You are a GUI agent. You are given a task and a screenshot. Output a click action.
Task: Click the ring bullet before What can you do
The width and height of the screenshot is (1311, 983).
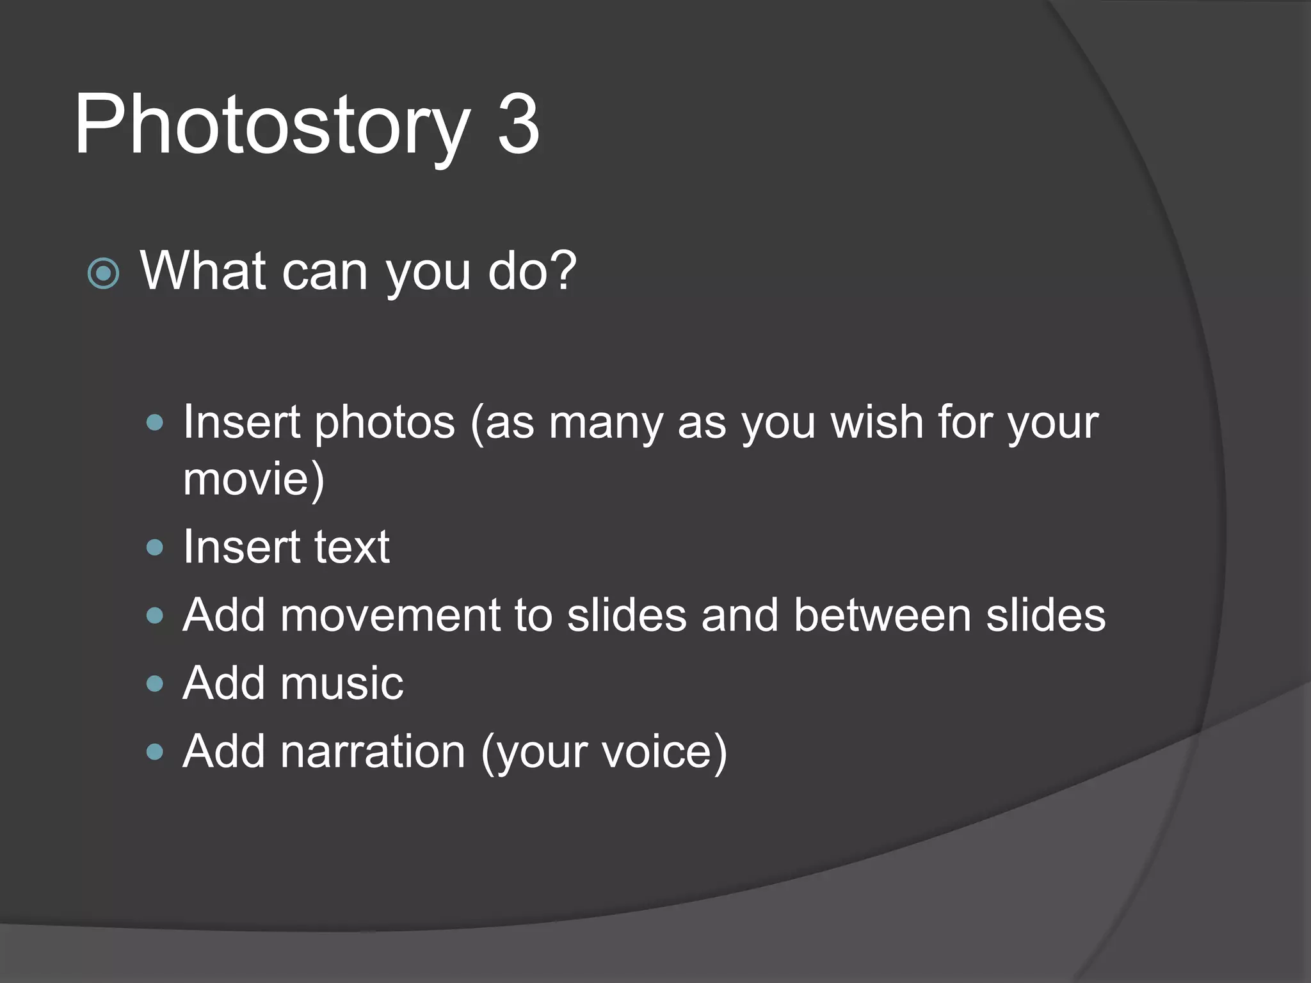(x=103, y=274)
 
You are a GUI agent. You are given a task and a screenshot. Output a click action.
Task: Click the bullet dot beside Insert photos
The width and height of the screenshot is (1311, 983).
(x=155, y=422)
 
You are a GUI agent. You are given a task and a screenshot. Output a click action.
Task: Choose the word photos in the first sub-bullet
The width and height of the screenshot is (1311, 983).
(x=385, y=423)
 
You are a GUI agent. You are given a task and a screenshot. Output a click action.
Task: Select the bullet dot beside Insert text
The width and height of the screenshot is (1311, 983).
(x=155, y=547)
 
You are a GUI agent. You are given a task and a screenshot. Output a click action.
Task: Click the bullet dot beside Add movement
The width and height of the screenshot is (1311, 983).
(x=155, y=616)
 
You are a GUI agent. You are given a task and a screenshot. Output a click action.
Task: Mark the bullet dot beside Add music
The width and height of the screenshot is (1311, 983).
(x=155, y=683)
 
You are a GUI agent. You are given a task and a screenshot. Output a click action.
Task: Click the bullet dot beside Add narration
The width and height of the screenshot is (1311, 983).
(x=155, y=751)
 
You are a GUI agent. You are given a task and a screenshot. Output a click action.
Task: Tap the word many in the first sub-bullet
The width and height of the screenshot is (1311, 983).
(x=606, y=423)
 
